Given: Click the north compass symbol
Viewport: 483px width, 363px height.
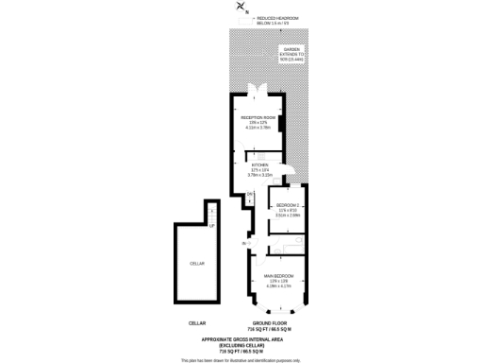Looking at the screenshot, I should point(241,8).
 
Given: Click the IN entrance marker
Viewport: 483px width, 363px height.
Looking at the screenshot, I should point(243,244).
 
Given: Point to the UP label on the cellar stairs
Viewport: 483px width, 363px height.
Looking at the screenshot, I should point(211,225).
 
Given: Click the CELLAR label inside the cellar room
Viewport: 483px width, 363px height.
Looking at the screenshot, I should point(197,263).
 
